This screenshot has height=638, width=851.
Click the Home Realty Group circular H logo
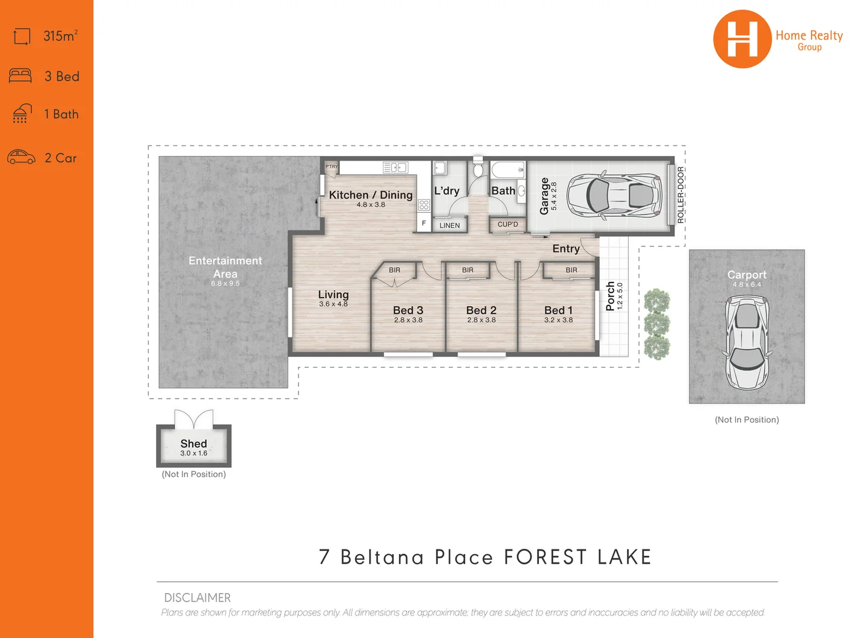pos(742,39)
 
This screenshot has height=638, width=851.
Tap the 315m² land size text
pos(60,36)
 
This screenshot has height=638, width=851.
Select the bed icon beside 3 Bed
pos(21,76)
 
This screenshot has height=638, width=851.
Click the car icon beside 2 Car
pos(21,157)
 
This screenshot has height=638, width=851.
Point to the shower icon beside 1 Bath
pos(22,113)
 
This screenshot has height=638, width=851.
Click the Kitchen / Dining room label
pos(371,195)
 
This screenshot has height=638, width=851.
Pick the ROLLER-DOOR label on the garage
pos(680,195)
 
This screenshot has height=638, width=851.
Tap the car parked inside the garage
pos(613,195)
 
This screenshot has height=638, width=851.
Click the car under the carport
pos(747,343)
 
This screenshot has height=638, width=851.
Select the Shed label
pos(194,444)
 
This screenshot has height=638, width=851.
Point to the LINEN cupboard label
pos(450,225)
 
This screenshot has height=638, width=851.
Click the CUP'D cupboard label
pos(508,224)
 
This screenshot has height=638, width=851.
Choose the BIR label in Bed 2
pos(467,270)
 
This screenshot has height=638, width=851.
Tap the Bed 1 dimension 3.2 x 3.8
pos(558,320)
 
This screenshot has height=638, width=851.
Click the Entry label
pos(566,249)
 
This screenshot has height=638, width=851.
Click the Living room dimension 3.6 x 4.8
pos(333,304)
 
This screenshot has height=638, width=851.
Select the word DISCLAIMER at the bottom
pos(197,598)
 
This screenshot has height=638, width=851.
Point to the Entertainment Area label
pos(225,267)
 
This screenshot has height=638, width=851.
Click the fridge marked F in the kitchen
pos(424,223)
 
